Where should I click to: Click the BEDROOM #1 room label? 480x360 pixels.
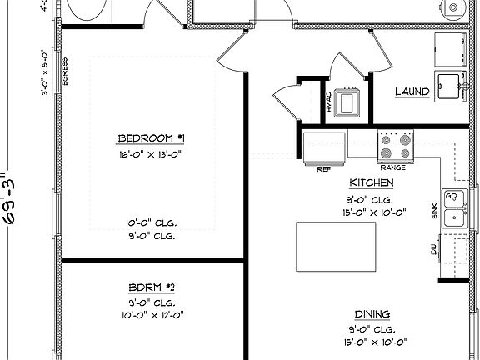151,137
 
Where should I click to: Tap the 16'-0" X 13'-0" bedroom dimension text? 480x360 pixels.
151,154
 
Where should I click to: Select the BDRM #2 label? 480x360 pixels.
151,286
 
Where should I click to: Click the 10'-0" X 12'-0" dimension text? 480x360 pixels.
151,315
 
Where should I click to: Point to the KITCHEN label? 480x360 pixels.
372,182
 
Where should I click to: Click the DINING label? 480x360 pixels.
372,313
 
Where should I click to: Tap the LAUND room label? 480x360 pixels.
412,92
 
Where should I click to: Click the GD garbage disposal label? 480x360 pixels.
452,197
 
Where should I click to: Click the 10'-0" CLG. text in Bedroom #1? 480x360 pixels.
151,222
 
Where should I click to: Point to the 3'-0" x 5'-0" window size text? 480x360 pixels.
47,72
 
